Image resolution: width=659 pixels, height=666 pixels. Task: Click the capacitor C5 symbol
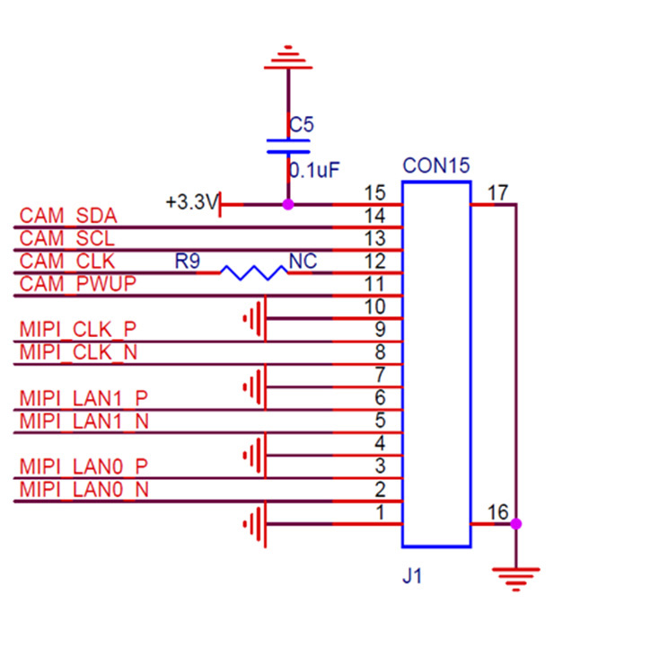pos(287,146)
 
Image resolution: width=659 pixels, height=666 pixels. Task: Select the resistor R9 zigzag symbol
pos(254,271)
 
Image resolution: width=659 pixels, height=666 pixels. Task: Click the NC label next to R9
pos(303,262)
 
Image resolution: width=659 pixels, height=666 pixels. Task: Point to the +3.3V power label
pos(191,202)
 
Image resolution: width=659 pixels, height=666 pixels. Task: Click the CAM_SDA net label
pos(68,216)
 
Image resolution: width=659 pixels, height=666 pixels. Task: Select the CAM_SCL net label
pos(67,239)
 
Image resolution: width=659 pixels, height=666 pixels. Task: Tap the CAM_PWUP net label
pos(77,285)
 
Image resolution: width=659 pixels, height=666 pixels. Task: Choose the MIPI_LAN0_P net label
pos(83,466)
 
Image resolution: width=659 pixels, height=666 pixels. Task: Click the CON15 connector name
pos(435,166)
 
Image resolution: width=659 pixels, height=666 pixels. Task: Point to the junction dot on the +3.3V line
pos(287,204)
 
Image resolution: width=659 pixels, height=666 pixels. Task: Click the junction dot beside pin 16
pos(515,523)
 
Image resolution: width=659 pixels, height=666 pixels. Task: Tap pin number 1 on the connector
pos(380,513)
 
